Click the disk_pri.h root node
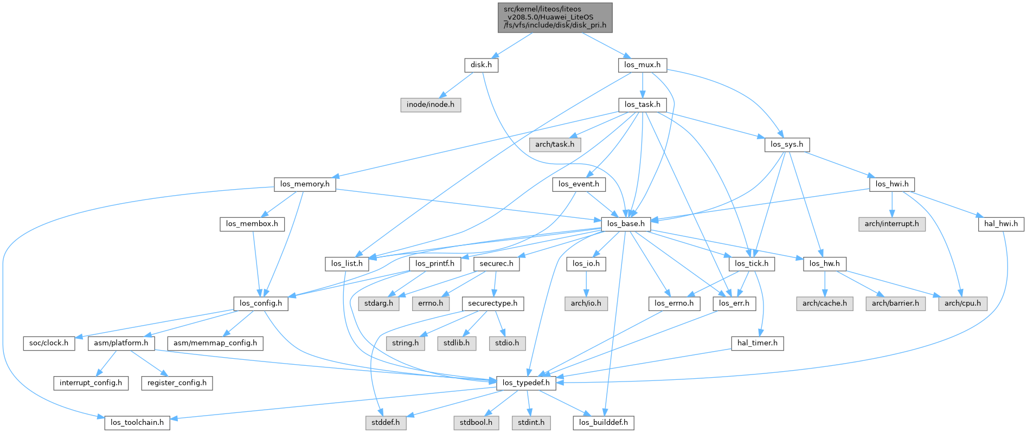pos(555,17)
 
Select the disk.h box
pos(481,65)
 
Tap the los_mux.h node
pos(642,65)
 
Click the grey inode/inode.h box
pos(431,105)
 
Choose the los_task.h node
pos(642,105)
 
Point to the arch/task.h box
pos(555,145)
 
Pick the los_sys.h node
pos(786,145)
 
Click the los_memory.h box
pos(305,184)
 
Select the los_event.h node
pos(579,184)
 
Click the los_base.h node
pos(626,224)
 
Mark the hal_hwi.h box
pos(1000,224)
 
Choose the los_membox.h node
pos(252,224)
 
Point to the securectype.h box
pos(493,303)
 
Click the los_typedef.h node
pos(526,383)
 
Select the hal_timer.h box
pos(757,343)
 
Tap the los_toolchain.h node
pos(137,422)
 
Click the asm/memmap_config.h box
pos(215,343)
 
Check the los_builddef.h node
pos(603,422)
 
